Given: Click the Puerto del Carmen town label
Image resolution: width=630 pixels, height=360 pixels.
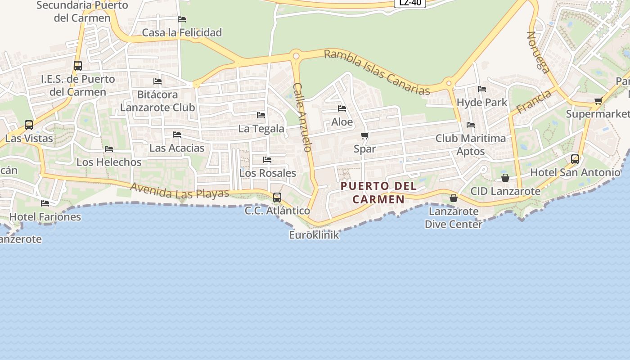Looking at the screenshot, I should [378, 192].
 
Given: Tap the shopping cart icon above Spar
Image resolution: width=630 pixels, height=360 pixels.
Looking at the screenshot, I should [365, 135].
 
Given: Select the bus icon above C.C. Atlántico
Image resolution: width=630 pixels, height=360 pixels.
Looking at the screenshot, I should [277, 197].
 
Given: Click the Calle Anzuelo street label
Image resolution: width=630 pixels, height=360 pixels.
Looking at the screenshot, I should [302, 117].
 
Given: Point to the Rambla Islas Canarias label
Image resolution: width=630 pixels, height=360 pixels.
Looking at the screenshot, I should [377, 72].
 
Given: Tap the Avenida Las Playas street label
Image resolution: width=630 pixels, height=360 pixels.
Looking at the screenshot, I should [180, 190].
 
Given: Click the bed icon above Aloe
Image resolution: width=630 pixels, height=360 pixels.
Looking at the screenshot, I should [342, 108].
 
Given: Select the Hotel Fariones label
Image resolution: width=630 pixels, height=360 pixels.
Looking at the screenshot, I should [45, 216].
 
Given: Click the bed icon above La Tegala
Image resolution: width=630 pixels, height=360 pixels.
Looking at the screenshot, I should [261, 115].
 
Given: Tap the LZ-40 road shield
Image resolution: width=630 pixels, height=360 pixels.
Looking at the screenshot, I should [410, 3].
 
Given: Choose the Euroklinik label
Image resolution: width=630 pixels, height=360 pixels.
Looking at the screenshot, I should [314, 234].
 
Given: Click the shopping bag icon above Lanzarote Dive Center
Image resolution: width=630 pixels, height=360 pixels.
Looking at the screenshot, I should [454, 198].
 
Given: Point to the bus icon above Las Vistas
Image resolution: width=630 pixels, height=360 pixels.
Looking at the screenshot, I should [29, 125].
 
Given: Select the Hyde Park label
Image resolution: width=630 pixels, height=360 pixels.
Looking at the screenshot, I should [482, 102].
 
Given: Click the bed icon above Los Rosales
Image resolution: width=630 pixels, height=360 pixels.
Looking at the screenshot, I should [267, 159].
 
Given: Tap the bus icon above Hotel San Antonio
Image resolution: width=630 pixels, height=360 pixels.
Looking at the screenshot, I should [575, 159].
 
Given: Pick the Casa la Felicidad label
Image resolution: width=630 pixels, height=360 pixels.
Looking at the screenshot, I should [182, 32].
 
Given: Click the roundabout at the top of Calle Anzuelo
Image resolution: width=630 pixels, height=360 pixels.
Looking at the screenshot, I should [296, 56].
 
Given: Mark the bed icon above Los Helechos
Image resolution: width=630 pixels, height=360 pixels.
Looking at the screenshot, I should [109, 148].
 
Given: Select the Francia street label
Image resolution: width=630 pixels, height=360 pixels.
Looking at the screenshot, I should [534, 102].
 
